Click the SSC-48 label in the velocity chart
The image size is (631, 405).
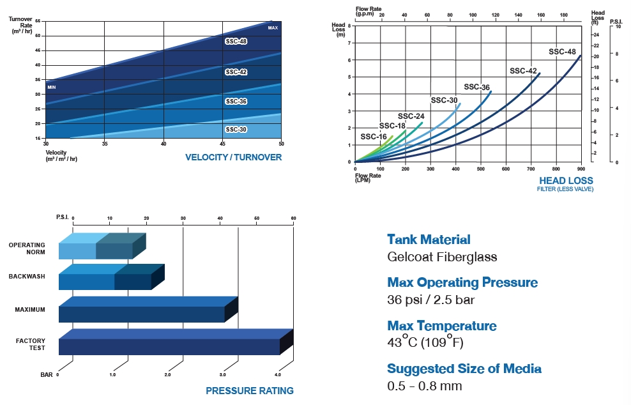[x=236, y=42]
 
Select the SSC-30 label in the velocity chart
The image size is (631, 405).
[x=236, y=130]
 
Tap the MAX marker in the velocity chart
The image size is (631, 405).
[x=273, y=28]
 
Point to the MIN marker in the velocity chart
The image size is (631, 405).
[x=52, y=87]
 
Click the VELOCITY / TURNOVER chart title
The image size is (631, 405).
[x=233, y=157]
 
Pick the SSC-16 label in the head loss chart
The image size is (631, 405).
[x=374, y=137]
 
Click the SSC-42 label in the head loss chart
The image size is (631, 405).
[x=523, y=71]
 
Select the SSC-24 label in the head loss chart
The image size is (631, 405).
[x=411, y=116]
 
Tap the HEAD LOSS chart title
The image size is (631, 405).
[x=566, y=181]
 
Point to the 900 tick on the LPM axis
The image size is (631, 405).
[x=581, y=169]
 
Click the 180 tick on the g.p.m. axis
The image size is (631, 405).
[x=563, y=14]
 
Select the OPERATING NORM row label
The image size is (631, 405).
[x=27, y=248]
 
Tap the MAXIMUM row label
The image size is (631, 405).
[x=30, y=310]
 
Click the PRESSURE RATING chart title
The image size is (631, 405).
[x=250, y=390]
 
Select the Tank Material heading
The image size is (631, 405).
[x=429, y=240]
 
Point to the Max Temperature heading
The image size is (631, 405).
[x=441, y=326]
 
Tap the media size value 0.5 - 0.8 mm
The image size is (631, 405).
[x=424, y=386]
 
